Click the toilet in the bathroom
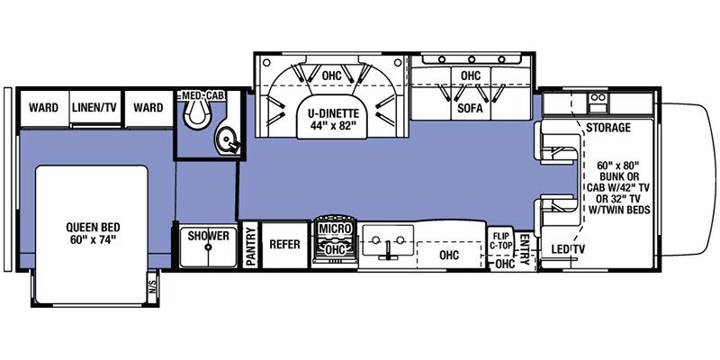pos(196,112)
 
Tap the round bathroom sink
pos(227,139)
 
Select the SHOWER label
pos(209,236)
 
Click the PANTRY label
pos(251,246)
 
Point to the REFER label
pos(284,244)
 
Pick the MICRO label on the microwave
pos(335,229)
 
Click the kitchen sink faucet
pos(388,250)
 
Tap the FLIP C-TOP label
pos(500,240)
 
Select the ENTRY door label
pos(524,250)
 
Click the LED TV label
pos(569,249)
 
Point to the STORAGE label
pos(608,128)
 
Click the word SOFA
pos(470,109)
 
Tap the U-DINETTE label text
pos(331,113)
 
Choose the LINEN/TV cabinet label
pos(94,107)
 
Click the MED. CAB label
pos(203,95)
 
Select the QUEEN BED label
pos(93,227)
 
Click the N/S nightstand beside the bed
pos(152,287)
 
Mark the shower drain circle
pos(209,247)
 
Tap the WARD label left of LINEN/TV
pos(43,107)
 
